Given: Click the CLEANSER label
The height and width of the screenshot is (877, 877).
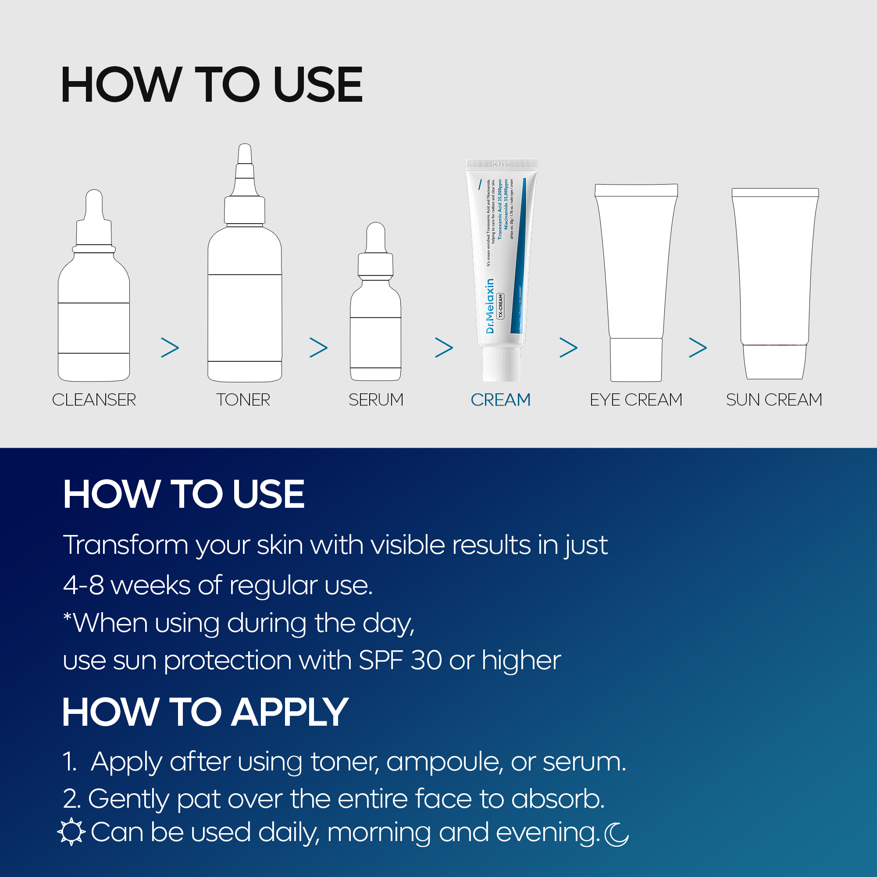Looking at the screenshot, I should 94,400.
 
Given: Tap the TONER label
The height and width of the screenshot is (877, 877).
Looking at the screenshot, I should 243,400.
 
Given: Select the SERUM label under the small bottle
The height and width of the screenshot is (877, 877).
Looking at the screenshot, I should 376,400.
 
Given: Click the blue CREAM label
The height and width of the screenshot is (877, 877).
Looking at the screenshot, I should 500,400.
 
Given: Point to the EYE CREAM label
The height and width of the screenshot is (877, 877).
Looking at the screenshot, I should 635,400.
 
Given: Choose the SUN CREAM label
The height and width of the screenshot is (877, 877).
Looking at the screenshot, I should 774,400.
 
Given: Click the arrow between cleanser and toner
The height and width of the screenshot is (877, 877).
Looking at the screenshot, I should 170,348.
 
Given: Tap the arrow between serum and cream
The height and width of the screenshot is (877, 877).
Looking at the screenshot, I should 444,348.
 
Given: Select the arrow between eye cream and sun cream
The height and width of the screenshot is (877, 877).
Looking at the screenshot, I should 698,348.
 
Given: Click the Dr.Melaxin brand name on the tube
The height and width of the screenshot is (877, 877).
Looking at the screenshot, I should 490,307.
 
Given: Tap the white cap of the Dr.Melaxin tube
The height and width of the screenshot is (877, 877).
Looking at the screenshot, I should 501,364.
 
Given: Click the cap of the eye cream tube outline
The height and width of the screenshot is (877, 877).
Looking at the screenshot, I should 635,360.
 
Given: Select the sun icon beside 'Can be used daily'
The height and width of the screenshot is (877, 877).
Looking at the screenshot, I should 71,832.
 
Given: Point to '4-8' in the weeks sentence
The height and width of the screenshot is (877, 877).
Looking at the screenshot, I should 83,585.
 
